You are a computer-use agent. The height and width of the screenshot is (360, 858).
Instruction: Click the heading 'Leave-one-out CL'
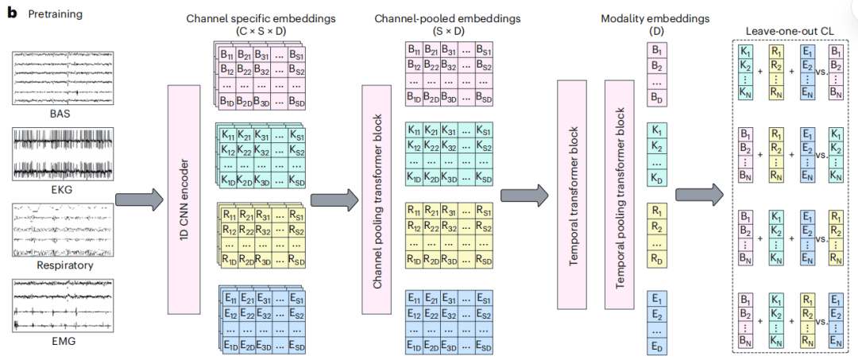pos(792,31)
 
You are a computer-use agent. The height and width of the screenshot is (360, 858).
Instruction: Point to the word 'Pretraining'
pos(56,14)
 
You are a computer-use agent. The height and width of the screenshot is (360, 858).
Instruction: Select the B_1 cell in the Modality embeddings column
pos(656,50)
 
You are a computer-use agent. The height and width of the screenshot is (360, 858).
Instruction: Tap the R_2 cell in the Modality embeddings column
pos(656,226)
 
